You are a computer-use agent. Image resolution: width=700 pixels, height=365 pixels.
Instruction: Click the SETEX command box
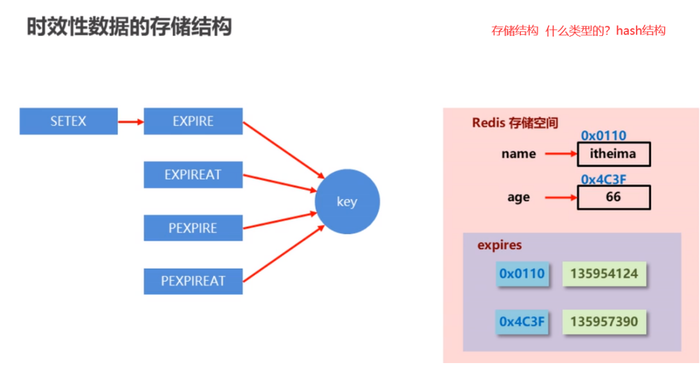[69, 121]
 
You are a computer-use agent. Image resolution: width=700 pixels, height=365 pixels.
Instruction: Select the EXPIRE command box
[193, 121]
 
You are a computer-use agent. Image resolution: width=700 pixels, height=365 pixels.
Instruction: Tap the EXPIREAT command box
[193, 174]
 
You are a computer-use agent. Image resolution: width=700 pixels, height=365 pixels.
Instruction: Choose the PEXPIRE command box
[193, 228]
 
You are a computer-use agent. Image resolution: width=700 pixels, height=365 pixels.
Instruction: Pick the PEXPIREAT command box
[193, 281]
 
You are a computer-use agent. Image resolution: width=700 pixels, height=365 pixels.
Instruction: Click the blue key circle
[347, 202]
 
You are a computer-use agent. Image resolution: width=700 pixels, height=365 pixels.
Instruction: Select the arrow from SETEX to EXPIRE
[131, 121]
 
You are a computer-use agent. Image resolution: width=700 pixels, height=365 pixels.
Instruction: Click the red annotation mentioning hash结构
[578, 31]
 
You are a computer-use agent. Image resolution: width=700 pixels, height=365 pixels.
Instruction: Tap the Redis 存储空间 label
[515, 122]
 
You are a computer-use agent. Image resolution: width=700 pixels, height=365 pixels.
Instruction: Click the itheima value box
[613, 154]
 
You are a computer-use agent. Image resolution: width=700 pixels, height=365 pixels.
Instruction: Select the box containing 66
[613, 197]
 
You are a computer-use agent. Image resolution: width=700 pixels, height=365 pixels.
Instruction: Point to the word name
[518, 154]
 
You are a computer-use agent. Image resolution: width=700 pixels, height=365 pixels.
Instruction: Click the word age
[518, 198]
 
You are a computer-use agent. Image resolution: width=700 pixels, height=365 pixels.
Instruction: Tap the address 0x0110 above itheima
[603, 135]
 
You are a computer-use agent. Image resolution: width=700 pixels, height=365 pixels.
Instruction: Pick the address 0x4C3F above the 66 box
[603, 179]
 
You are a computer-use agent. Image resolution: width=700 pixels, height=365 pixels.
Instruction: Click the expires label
[499, 245]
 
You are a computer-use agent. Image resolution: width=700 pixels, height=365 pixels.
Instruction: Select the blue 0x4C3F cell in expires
[522, 321]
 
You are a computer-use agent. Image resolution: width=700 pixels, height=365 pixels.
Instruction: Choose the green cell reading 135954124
[604, 274]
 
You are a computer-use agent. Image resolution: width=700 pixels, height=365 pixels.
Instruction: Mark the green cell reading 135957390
[604, 321]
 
